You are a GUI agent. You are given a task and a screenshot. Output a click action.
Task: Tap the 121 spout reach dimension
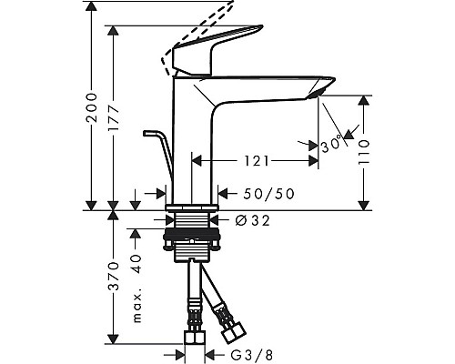pos(256,161)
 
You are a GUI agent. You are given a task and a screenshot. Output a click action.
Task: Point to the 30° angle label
pos(330,144)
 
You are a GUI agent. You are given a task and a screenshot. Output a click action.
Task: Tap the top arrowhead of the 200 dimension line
pos(92,7)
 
